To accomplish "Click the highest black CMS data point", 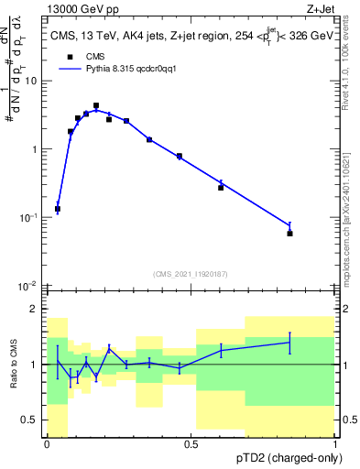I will point(96,106).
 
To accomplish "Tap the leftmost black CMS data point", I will point(58,210).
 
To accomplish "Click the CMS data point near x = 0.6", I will point(221,187).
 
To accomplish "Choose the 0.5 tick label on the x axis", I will point(191,443).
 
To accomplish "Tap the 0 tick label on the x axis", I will point(47,443).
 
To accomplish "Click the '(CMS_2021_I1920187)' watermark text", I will point(191,273).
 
